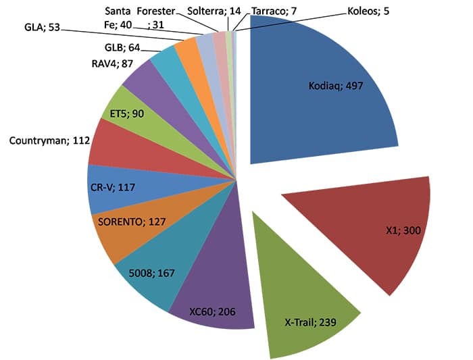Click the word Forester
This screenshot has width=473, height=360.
(157, 11)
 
